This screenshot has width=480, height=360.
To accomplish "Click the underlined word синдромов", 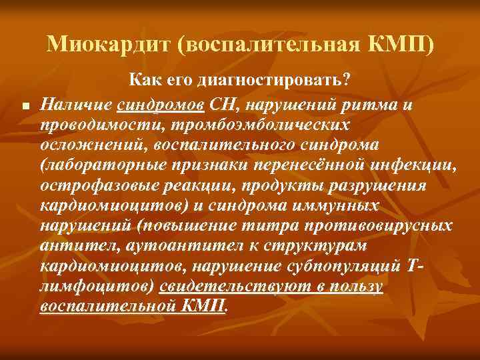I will point(160,104).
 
